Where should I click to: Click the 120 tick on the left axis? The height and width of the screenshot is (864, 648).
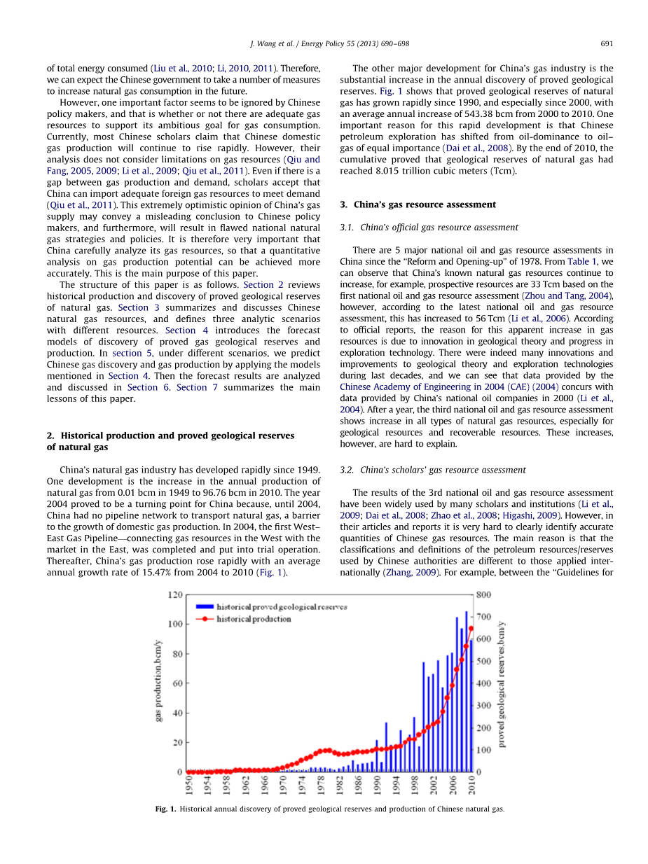click(x=174, y=594)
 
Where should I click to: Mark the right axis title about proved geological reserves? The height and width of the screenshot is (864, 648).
click(x=501, y=683)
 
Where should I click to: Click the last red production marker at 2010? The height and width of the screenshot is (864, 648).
click(x=471, y=629)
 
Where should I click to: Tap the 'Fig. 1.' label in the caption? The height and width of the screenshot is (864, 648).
click(x=165, y=809)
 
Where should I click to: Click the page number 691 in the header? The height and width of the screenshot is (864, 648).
click(x=607, y=43)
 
